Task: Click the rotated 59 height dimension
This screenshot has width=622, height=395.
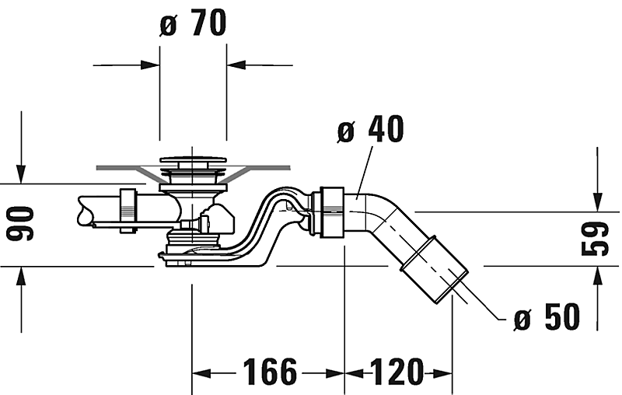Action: click(x=596, y=239)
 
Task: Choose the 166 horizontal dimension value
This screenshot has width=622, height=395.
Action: click(x=267, y=372)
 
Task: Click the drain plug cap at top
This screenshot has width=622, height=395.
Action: click(x=193, y=162)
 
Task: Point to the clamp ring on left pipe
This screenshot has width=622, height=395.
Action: click(x=128, y=209)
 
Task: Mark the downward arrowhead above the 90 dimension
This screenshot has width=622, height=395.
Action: click(x=22, y=176)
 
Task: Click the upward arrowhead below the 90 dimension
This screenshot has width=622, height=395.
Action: click(x=22, y=274)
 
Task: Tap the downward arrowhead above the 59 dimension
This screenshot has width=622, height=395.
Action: click(x=596, y=203)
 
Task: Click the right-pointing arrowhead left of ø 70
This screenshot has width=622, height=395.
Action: click(x=152, y=65)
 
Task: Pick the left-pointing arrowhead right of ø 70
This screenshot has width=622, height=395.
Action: click(x=236, y=65)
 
